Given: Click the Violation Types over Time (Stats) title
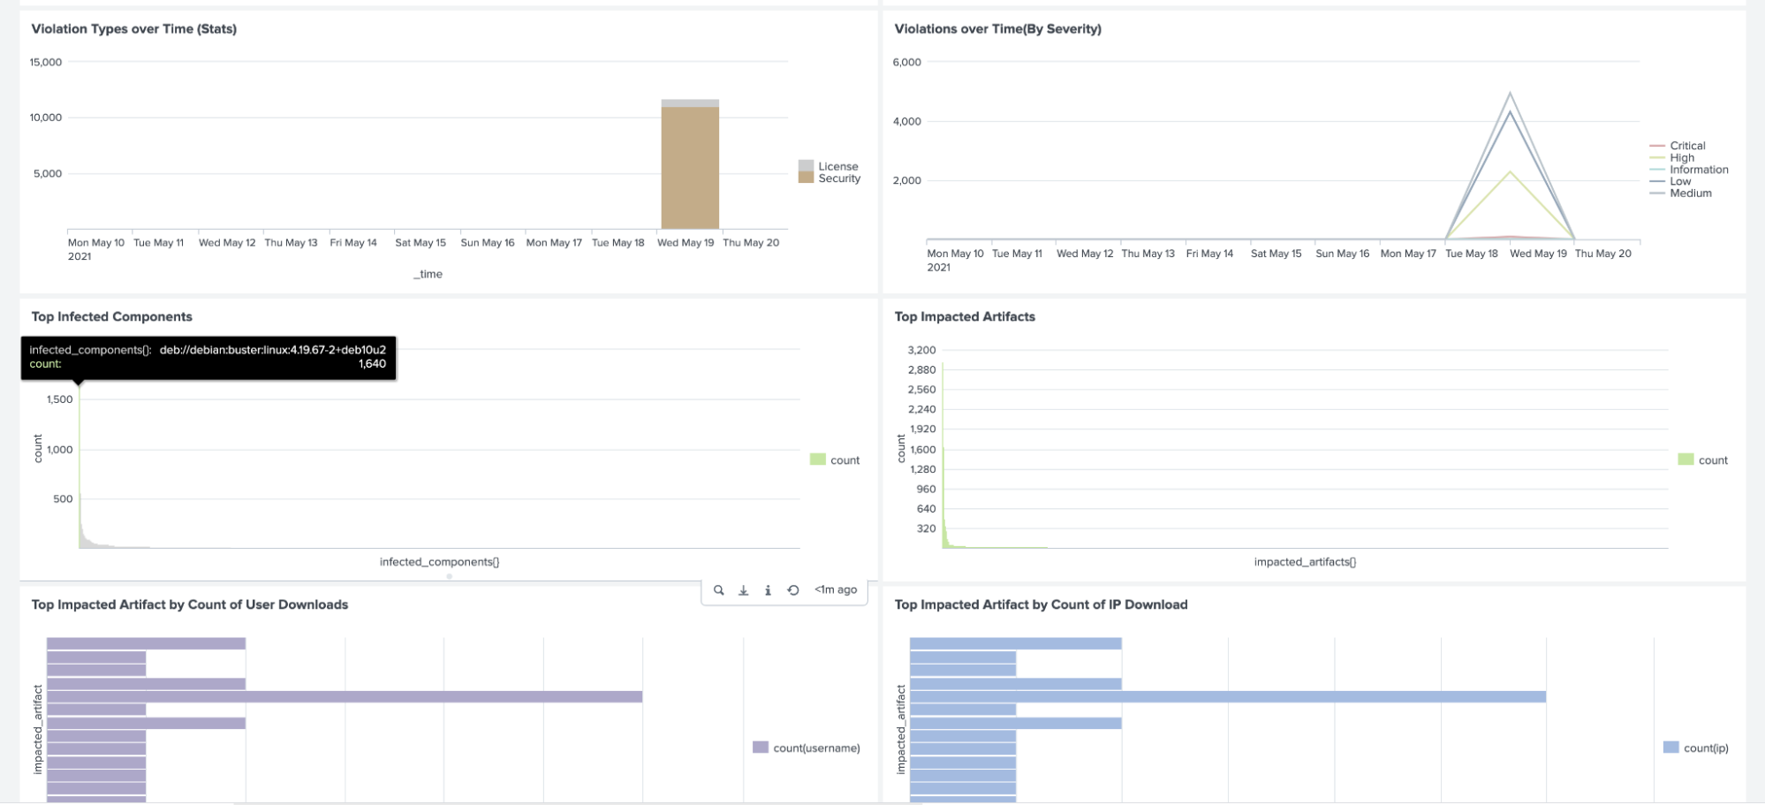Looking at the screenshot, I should [x=134, y=29].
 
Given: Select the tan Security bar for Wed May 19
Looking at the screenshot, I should [x=690, y=168].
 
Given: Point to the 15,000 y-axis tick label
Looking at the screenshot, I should [x=46, y=63].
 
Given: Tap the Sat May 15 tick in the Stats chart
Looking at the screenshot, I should [x=420, y=243].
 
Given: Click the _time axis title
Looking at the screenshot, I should [x=428, y=274].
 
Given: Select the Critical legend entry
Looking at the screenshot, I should [x=1686, y=146].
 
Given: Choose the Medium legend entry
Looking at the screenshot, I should [x=1690, y=194].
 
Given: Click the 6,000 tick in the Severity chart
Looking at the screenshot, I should [x=906, y=63].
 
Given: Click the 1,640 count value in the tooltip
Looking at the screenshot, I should [x=372, y=364].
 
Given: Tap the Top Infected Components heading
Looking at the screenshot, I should [x=112, y=317].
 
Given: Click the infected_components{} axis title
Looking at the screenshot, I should [x=439, y=562].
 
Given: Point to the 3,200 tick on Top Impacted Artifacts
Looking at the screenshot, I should [x=921, y=351].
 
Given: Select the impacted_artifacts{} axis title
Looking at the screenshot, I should [x=1305, y=562].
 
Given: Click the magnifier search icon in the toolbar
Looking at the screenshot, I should [x=719, y=590].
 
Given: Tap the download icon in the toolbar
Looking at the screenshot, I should [x=744, y=590].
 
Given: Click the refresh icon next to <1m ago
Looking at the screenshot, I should [x=793, y=590].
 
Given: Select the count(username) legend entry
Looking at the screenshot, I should [x=815, y=748].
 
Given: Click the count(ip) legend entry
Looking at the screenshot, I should [x=1705, y=748].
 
